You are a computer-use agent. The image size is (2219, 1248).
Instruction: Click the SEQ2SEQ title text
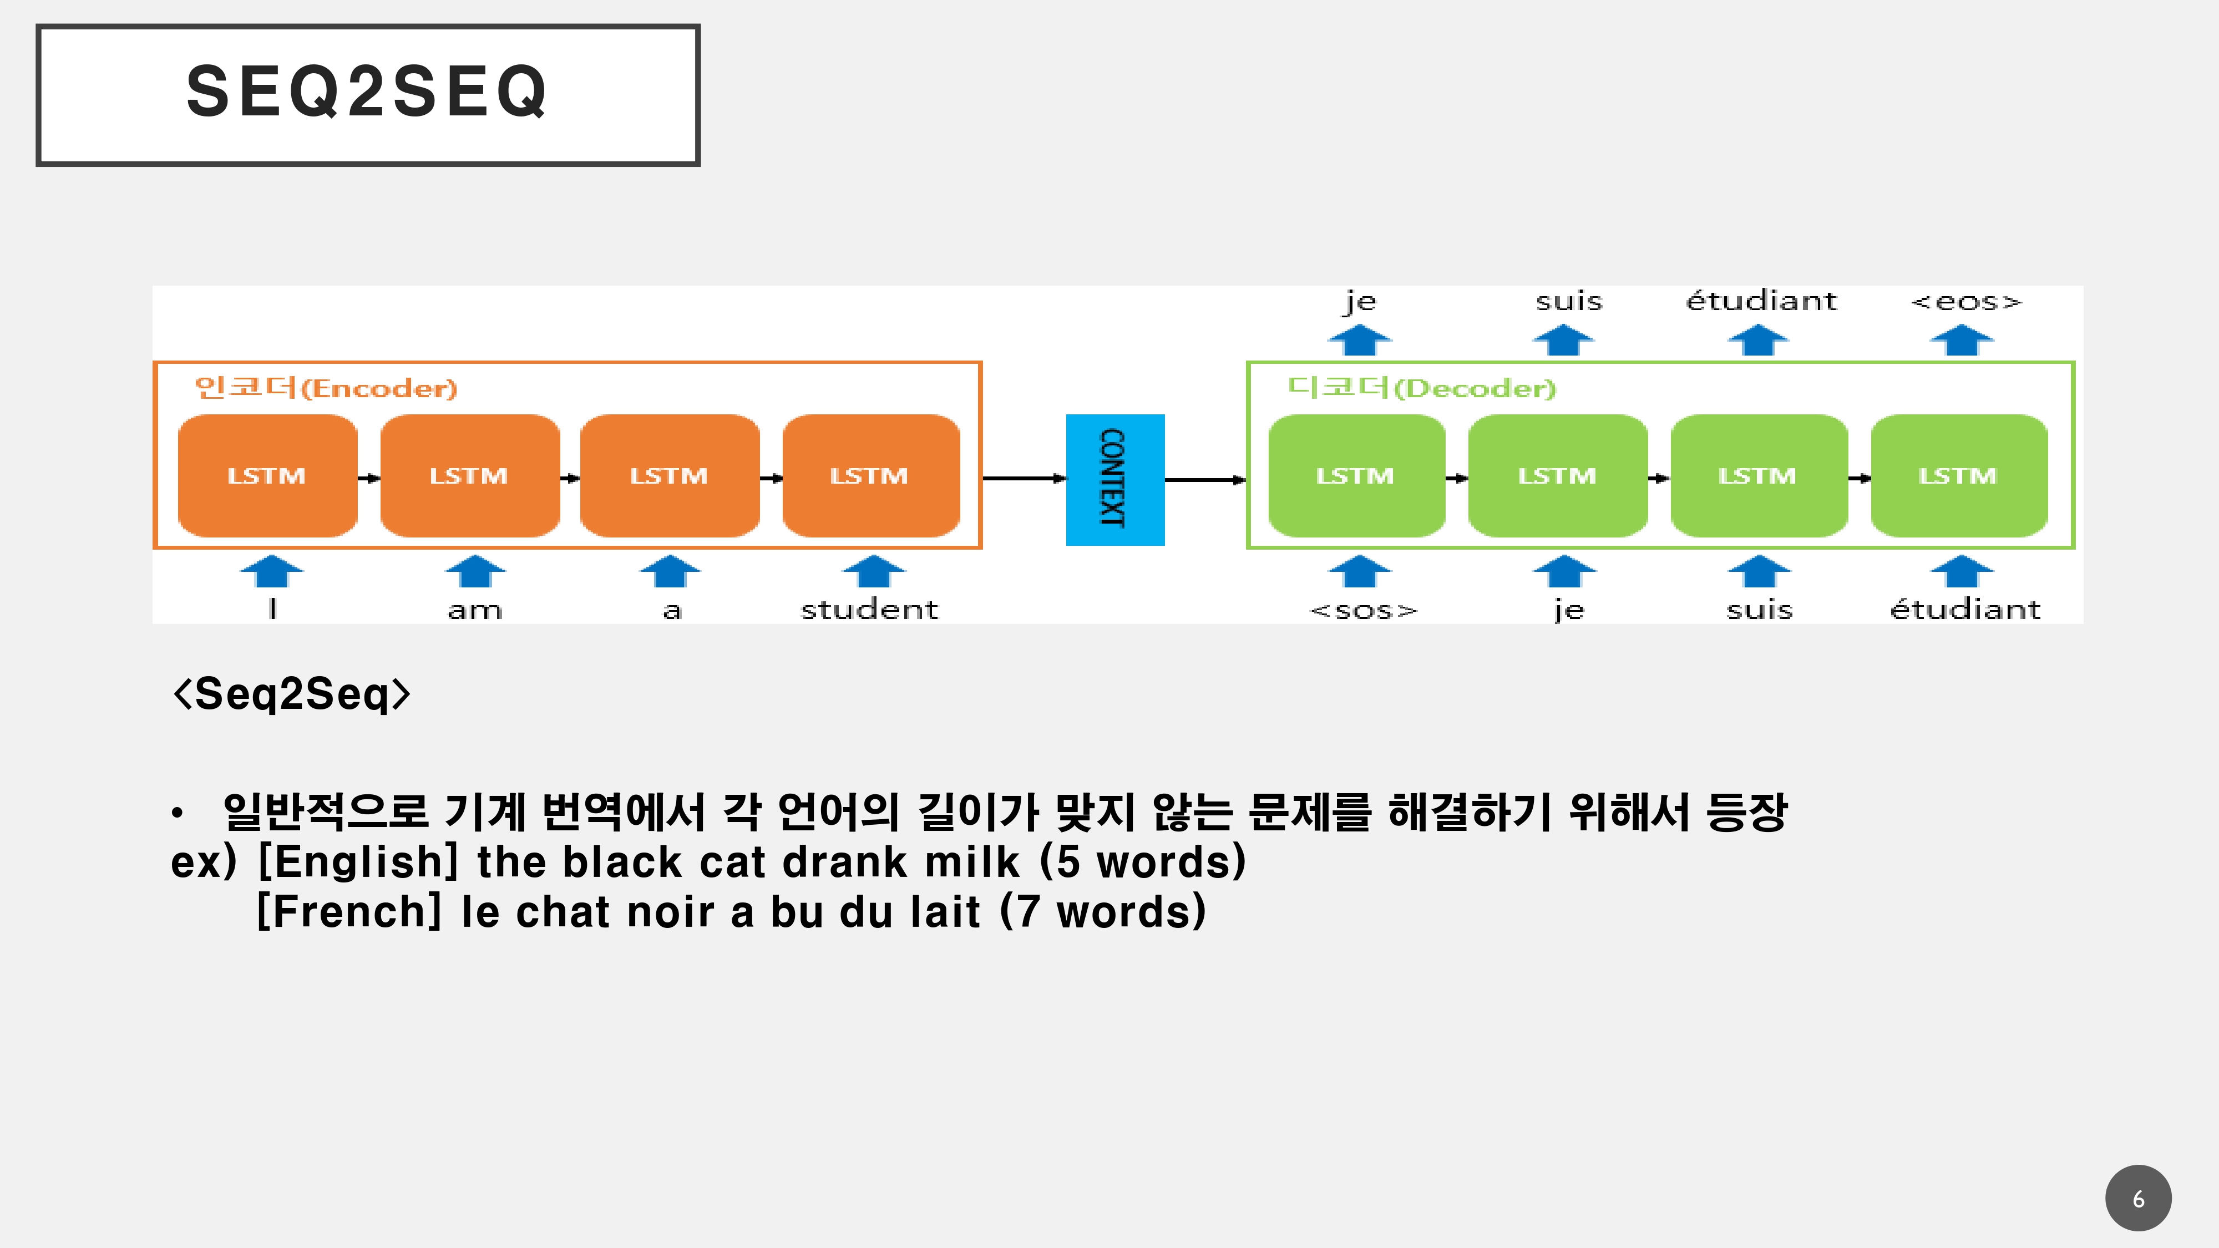[x=367, y=92]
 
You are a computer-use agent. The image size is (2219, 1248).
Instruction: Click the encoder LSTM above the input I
[x=267, y=475]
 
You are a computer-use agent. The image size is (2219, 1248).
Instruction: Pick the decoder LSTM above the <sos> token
[x=1357, y=475]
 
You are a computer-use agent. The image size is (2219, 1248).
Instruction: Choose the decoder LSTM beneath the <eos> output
[x=1959, y=475]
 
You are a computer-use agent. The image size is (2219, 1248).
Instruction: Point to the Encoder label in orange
[x=326, y=388]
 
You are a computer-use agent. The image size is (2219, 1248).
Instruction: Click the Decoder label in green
[x=1421, y=388]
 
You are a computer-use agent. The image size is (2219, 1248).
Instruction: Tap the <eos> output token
[x=1965, y=301]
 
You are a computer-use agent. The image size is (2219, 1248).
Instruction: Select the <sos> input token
[x=1363, y=610]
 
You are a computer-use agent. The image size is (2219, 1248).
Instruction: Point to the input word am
[x=475, y=610]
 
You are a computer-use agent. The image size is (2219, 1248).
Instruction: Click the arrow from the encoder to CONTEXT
[x=1024, y=479]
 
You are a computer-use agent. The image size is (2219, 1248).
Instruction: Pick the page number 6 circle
[x=2138, y=1198]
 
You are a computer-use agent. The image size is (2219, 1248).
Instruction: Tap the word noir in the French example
[x=670, y=911]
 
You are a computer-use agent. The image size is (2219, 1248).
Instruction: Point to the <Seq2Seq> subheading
[x=292, y=693]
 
